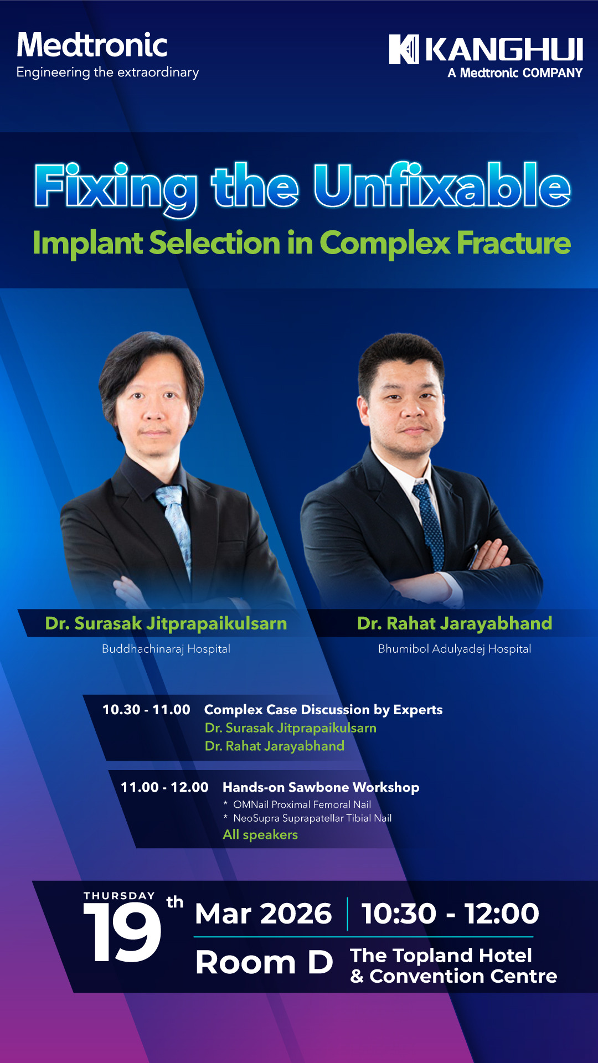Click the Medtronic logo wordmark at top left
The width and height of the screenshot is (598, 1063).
coord(92,45)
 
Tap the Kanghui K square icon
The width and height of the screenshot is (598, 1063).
coord(404,49)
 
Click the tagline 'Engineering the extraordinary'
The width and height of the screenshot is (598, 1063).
coord(107,73)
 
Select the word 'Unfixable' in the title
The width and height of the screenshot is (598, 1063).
coord(442,185)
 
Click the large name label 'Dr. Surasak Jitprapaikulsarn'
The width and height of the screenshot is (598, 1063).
coord(166,623)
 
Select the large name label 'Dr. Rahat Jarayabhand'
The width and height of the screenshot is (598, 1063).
coord(455,623)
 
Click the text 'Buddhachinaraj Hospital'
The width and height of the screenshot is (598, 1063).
coord(166,649)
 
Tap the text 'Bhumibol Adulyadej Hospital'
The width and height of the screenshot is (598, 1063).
coord(455,649)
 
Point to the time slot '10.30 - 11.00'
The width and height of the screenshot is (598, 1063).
coord(146,710)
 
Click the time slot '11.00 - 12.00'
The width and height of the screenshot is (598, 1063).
coord(164,787)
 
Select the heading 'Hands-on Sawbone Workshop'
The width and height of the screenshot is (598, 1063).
coord(321,787)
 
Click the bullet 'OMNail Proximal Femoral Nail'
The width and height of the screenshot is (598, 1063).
coord(302,804)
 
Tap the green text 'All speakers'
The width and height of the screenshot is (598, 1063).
coord(260,835)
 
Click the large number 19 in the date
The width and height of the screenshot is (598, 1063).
coord(122,932)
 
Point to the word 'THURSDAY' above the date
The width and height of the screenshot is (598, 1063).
coord(119,896)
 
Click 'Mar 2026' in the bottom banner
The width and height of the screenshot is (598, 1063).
coord(264,914)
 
